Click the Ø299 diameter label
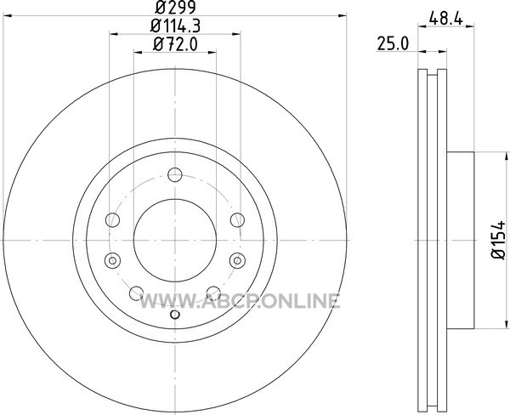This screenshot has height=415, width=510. (175, 7)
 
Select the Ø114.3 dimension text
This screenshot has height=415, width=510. (175, 26)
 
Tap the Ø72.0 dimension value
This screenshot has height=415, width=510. (175, 44)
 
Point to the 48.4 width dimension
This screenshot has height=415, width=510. (445, 18)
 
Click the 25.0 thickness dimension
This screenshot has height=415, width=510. (393, 43)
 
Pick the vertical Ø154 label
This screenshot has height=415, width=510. (498, 240)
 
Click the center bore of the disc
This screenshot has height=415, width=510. (175, 240)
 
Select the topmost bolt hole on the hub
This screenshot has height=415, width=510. (175, 175)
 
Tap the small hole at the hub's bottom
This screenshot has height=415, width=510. (175, 315)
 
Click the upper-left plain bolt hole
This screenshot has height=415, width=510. (113, 219)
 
